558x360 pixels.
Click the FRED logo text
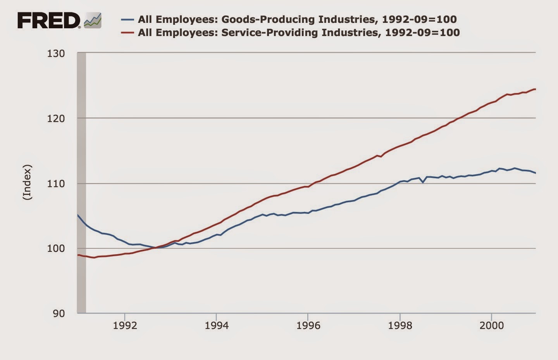49,20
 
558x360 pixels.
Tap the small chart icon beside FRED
93,20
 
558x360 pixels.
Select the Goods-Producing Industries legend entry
297,19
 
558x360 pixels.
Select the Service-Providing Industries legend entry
298,32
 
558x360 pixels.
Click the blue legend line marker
127,19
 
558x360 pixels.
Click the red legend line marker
127,33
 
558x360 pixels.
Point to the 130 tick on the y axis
56,53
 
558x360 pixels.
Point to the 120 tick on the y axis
56,118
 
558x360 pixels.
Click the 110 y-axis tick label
56,183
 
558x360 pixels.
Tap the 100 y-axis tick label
56,248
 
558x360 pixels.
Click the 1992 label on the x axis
125,326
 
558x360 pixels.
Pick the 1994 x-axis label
216,326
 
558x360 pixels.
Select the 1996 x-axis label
308,326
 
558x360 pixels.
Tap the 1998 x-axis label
400,326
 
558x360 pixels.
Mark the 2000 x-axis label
491,326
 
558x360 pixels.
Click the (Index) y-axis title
27,183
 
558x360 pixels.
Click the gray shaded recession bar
81,182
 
